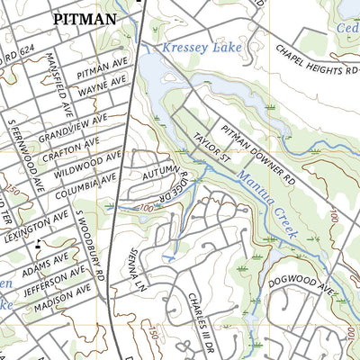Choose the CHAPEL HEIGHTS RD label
(x=315, y=62)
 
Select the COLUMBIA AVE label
(x=85, y=183)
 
